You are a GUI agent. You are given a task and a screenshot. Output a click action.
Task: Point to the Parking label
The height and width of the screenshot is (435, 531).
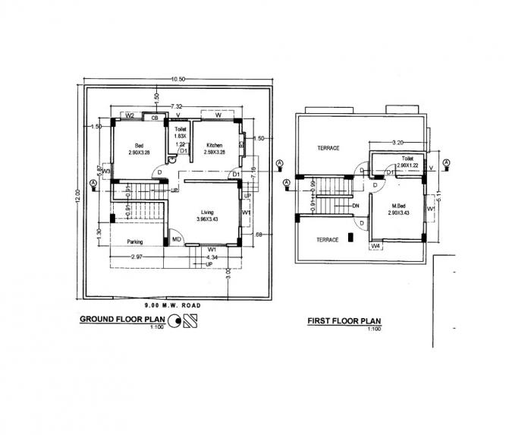137,243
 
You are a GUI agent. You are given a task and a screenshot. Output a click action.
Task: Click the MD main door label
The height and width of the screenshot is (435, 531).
176,241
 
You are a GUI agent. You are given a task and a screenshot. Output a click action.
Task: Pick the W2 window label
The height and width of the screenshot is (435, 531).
130,116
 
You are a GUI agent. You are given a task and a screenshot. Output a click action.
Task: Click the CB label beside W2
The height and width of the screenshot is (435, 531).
155,118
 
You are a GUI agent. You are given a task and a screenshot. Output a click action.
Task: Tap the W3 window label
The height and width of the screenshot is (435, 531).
108,172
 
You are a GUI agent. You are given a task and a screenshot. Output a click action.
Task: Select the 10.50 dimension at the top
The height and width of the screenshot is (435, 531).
178,79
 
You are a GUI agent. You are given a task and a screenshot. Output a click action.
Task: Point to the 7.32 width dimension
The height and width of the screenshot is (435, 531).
176,106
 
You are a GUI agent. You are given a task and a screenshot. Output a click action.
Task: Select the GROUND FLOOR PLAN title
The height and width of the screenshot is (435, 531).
123,320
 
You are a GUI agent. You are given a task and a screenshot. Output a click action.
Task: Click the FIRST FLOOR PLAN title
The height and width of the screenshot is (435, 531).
344,322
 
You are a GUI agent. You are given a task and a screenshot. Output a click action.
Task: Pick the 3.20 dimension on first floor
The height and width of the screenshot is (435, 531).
395,141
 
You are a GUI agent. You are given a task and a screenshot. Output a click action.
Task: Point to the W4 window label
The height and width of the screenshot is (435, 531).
375,246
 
